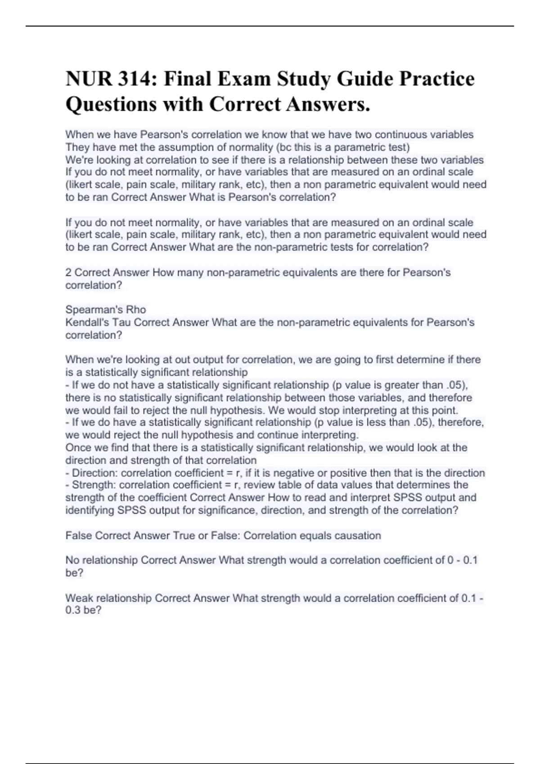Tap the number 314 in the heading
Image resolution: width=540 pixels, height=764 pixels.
click(x=135, y=79)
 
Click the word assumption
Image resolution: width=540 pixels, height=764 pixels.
click(x=200, y=147)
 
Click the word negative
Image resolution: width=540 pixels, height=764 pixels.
click(x=292, y=473)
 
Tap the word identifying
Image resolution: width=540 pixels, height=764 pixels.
click(x=90, y=510)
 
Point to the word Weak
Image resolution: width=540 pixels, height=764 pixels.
click(x=79, y=598)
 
